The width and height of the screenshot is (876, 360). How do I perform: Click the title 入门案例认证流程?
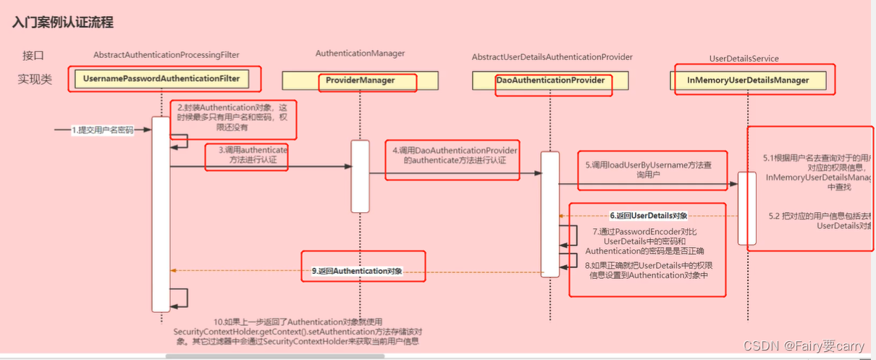[x=62, y=22]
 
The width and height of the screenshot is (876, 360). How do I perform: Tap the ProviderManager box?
[x=360, y=80]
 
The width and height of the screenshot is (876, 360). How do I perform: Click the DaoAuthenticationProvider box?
[x=550, y=80]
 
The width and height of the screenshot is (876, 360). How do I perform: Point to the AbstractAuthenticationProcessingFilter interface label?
[x=167, y=55]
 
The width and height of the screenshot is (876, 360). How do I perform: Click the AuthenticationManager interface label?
[x=360, y=54]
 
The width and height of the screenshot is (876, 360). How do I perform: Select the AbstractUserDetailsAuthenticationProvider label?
[x=552, y=57]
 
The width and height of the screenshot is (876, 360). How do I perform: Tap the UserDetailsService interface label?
[x=744, y=59]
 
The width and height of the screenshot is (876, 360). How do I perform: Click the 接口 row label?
[x=33, y=56]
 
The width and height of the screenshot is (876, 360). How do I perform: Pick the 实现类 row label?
[x=35, y=79]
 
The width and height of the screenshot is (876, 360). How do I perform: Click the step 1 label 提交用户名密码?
[x=102, y=130]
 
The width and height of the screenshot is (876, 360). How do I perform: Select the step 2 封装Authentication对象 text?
[x=233, y=117]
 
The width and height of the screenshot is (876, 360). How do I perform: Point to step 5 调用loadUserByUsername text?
[x=651, y=169]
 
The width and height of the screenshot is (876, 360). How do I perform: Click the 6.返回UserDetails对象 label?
[x=648, y=215]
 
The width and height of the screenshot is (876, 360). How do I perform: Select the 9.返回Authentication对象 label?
[x=357, y=271]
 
